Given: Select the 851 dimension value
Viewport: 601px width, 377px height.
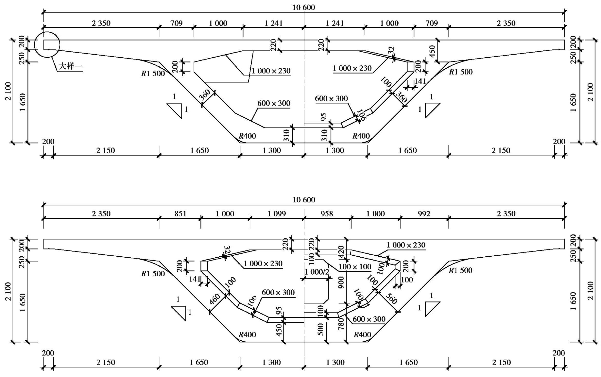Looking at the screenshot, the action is click(x=180, y=213).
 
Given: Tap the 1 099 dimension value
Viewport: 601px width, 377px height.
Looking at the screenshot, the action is click(x=277, y=213).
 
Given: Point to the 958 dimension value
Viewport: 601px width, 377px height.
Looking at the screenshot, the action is click(x=327, y=213).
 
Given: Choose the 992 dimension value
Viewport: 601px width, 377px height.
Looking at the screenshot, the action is click(x=424, y=213).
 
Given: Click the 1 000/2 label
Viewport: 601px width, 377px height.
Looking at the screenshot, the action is click(x=317, y=272).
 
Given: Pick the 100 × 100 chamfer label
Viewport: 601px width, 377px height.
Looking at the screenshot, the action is click(x=355, y=267).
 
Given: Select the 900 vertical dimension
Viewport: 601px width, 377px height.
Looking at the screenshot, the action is click(x=341, y=282).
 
